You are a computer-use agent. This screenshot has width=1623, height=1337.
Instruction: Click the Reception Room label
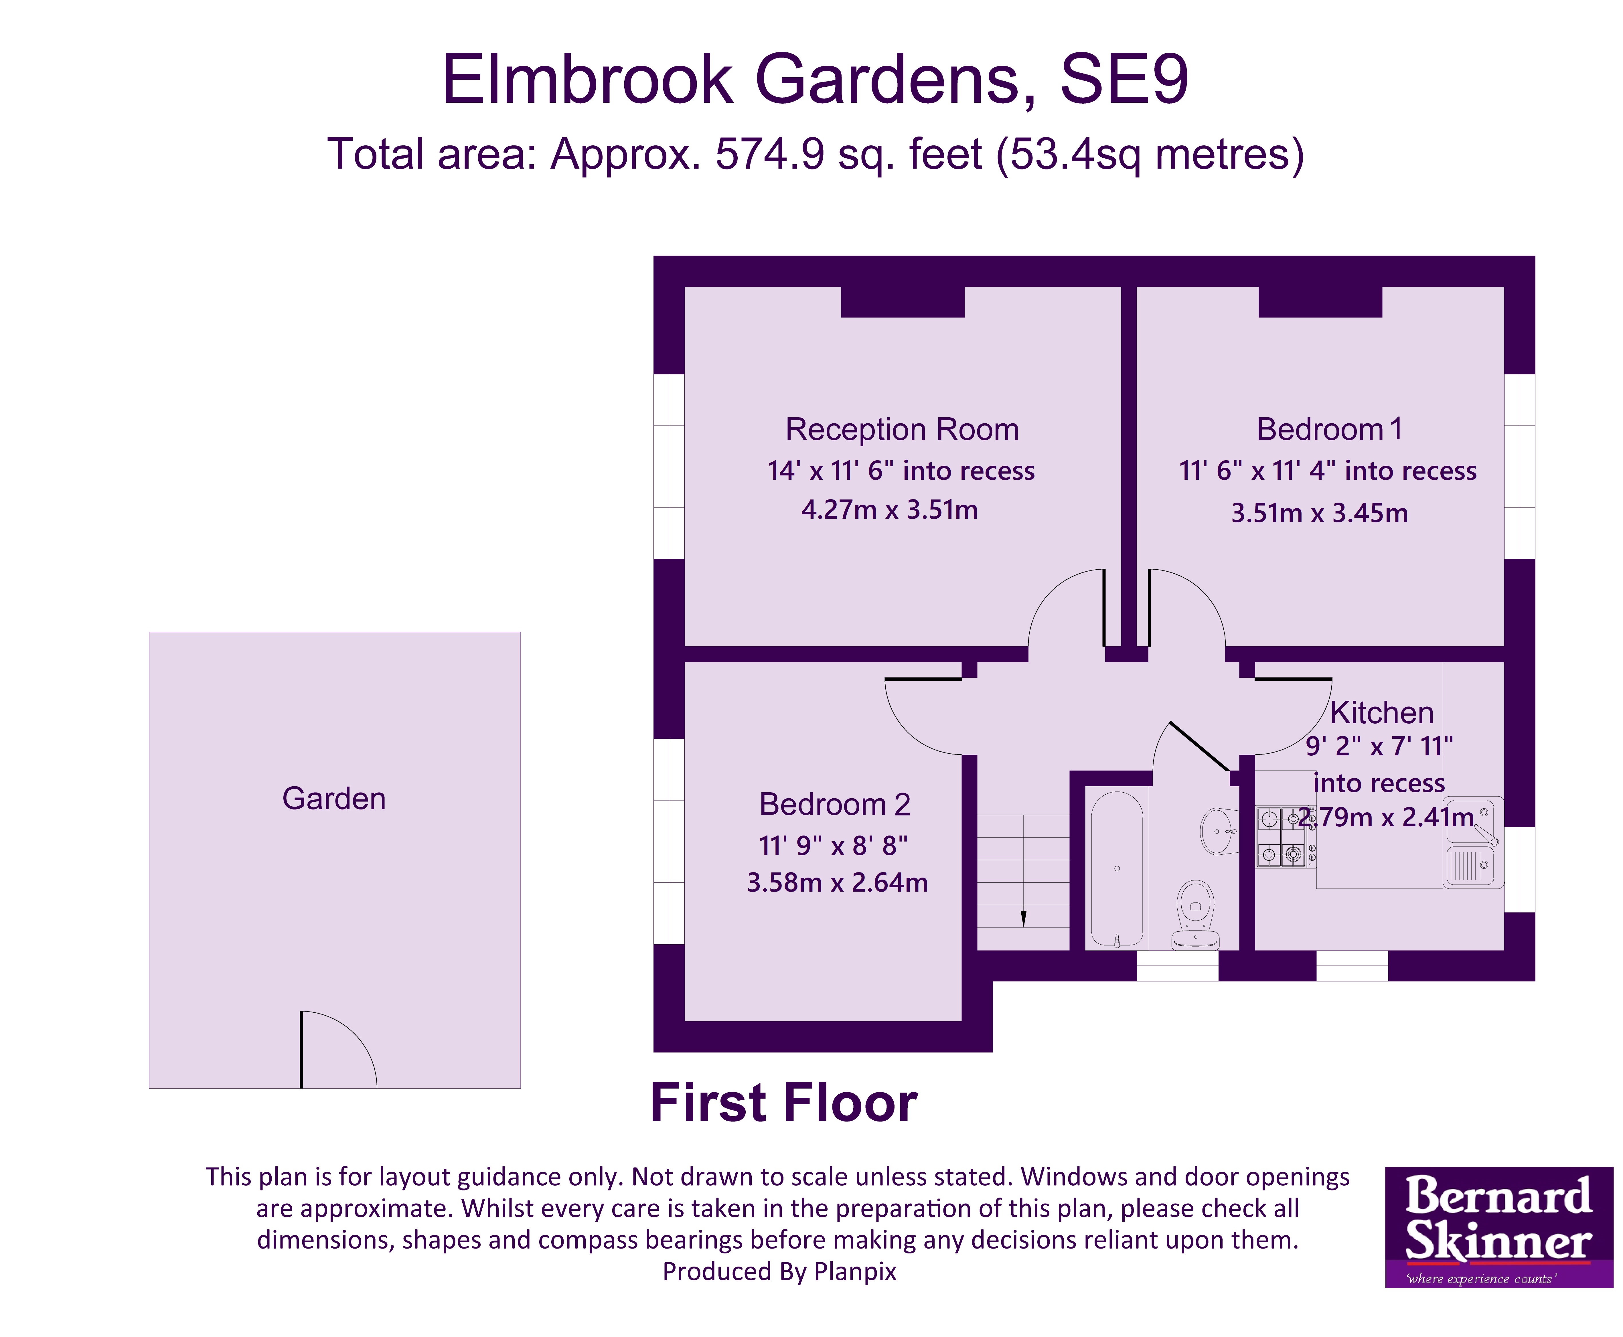(x=901, y=430)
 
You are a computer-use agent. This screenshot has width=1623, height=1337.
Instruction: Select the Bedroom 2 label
(x=834, y=805)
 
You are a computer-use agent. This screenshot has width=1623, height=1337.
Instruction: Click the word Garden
(x=333, y=799)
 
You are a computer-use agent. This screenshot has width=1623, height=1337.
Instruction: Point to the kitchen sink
(x=1471, y=843)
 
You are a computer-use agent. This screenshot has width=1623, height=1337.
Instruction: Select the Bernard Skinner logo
(x=1498, y=1226)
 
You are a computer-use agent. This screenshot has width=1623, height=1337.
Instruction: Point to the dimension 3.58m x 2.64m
(x=837, y=883)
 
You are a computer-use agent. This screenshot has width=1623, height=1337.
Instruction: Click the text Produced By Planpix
(x=779, y=1271)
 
